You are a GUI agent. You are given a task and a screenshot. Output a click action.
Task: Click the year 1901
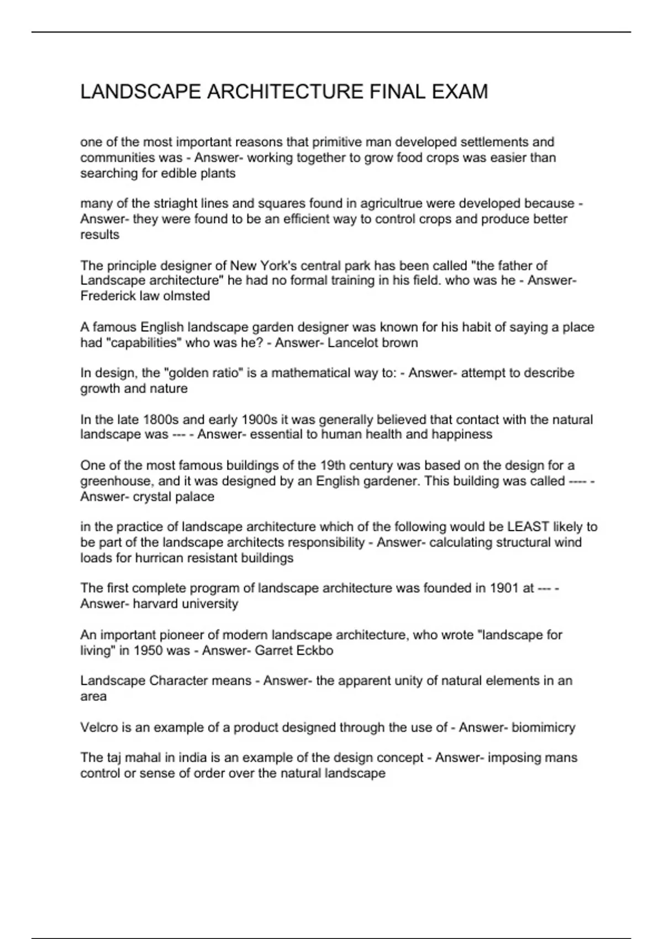coord(504,588)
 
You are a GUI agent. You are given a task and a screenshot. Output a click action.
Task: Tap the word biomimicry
coord(544,727)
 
